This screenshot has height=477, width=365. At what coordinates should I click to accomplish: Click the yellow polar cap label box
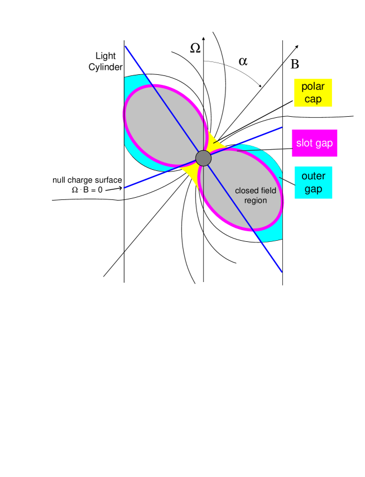(x=313, y=93)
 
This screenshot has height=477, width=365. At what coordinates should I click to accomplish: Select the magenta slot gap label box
(x=314, y=144)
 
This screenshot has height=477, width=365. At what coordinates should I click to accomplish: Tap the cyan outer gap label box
(x=313, y=183)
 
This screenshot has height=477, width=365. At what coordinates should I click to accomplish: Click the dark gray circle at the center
(x=204, y=158)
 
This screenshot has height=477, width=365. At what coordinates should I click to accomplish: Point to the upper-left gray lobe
(x=165, y=125)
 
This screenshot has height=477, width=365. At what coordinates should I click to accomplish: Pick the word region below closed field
(x=256, y=201)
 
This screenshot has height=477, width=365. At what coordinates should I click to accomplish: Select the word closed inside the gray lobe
(x=247, y=191)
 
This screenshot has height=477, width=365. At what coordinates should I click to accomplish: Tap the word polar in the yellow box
(x=313, y=87)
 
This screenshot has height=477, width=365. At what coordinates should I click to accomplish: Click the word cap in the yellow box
(x=313, y=99)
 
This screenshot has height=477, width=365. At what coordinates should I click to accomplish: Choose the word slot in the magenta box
(x=305, y=144)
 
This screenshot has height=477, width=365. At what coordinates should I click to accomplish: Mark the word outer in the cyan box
(x=313, y=177)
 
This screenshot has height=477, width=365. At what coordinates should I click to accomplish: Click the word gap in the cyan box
(x=313, y=189)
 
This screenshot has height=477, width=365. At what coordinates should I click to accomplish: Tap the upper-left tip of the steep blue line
(x=126, y=46)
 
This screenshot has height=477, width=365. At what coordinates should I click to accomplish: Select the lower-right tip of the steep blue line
(x=281, y=272)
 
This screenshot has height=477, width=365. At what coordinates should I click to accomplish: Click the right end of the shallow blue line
(x=281, y=127)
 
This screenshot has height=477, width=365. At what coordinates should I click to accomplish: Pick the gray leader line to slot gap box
(x=262, y=150)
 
